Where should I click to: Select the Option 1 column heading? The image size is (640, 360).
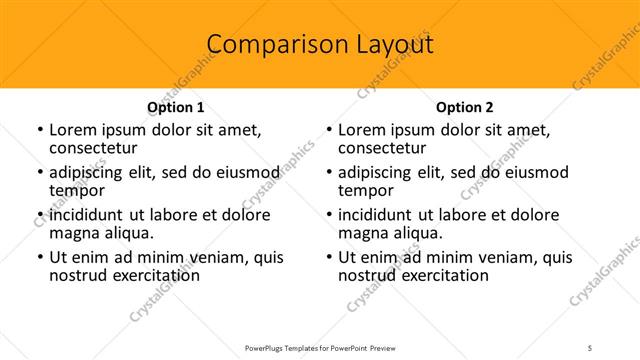coord(176,107)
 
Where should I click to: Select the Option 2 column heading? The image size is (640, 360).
coord(465,107)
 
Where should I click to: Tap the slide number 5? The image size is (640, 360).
coord(590,347)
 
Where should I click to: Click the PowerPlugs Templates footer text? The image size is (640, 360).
coord(319,347)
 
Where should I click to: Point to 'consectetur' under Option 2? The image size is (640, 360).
coord(383,148)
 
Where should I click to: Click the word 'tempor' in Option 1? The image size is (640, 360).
coord(77,190)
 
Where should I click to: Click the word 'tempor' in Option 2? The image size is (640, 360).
coord(366,190)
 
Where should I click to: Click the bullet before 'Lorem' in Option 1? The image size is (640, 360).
coord(39,131)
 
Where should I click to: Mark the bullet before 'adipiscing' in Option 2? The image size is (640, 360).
coord(328,173)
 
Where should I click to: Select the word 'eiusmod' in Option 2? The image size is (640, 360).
coord(507,172)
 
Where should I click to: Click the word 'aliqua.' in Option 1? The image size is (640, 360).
coord(128,233)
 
